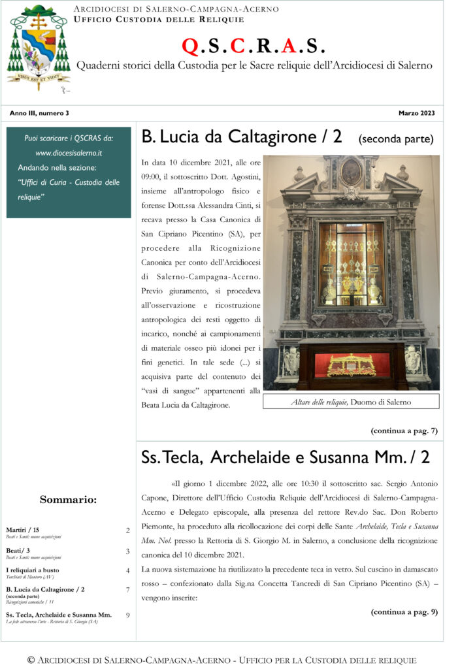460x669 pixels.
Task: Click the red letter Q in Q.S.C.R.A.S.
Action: (189, 45)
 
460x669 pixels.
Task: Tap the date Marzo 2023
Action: (416, 113)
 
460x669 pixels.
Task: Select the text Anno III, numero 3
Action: (39, 113)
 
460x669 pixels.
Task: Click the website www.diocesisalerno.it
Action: (69, 152)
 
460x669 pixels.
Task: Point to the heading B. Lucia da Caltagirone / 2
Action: (241, 137)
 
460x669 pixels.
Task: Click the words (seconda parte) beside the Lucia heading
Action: (396, 139)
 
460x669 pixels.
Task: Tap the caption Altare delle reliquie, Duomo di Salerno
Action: (351, 402)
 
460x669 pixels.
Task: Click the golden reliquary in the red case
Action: (352, 366)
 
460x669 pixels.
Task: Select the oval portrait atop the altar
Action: (351, 172)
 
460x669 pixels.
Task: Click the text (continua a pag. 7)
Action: (404, 431)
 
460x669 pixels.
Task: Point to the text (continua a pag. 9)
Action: (404, 612)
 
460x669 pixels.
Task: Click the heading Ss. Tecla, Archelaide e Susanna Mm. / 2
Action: (286, 458)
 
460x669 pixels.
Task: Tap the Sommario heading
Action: (68, 500)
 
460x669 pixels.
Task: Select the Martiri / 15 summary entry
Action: (22, 530)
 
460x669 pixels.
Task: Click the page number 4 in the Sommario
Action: (127, 570)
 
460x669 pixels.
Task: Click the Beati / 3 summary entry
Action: (18, 551)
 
